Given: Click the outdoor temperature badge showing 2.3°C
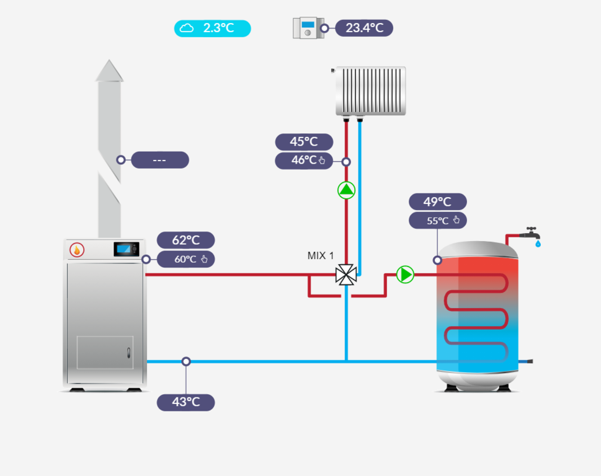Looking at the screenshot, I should [212, 29].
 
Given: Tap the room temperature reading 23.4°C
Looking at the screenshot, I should [364, 29].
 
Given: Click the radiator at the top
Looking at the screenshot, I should [370, 90].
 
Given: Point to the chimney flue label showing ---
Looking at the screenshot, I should [159, 160].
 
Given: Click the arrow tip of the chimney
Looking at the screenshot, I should [109, 69].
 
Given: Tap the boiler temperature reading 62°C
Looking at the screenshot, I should [185, 240].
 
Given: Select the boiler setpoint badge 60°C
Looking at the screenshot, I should [185, 259].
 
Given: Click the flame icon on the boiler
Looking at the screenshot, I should [77, 250].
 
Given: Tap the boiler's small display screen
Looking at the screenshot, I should [126, 249].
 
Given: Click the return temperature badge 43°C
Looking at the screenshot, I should [185, 402].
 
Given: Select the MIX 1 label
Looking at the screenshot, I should [321, 256].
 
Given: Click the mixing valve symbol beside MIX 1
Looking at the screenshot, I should [345, 274].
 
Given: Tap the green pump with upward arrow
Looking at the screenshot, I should [346, 190].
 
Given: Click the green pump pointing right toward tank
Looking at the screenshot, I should [405, 274].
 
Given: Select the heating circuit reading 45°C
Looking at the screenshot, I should [304, 142].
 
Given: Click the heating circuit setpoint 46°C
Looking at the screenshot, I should [304, 161].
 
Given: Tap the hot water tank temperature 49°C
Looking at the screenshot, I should [437, 202].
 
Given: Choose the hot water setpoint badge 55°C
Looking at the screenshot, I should [437, 221].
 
